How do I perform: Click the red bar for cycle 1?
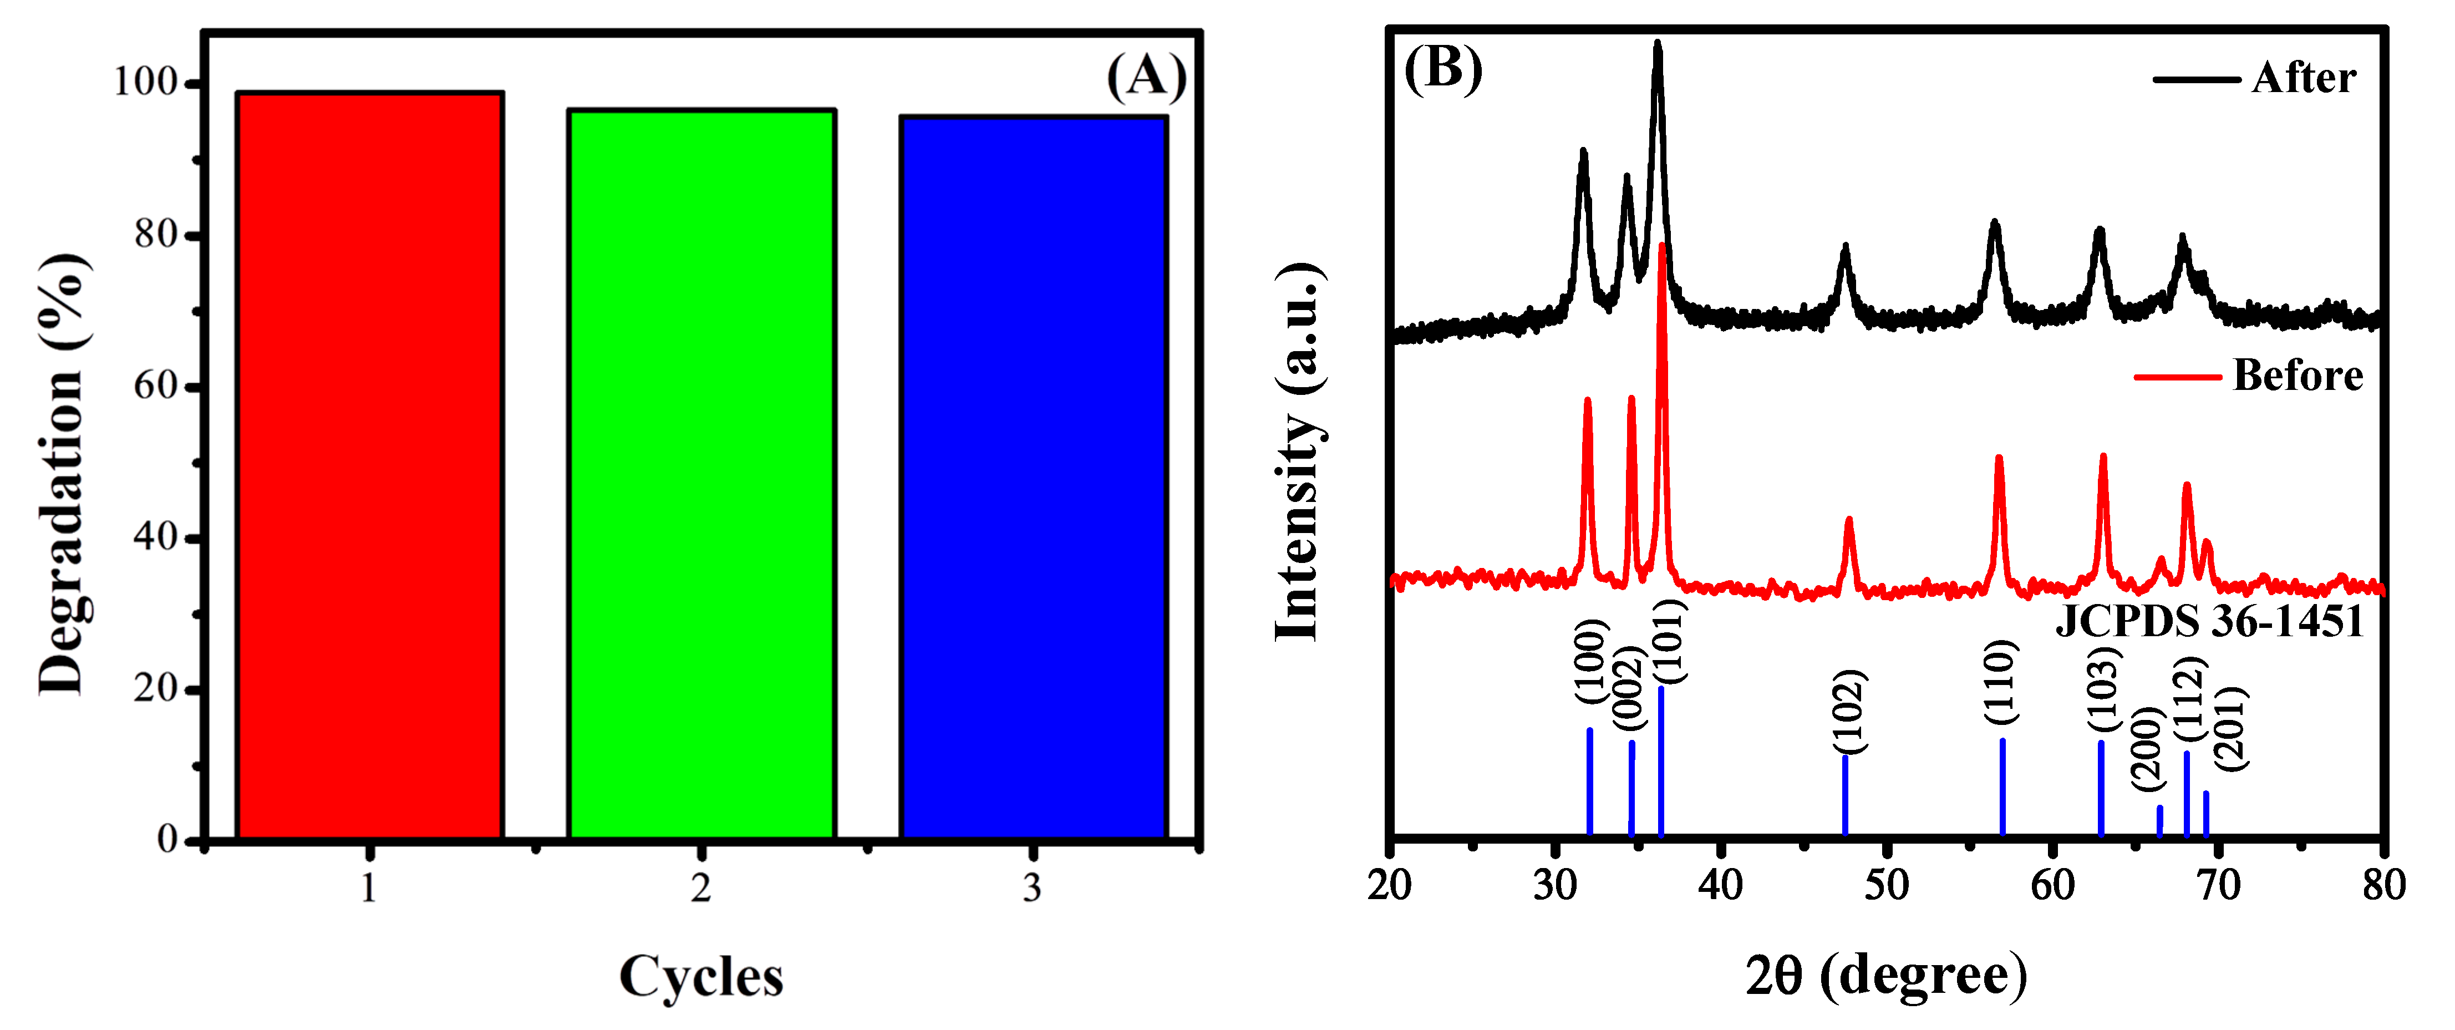370,467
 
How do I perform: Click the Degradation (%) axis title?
63,474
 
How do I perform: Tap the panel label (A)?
1146,76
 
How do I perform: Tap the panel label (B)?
1443,69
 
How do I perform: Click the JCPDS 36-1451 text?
2209,621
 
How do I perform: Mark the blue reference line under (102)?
1845,795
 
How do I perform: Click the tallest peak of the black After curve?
1658,45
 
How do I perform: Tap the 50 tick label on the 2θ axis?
1886,885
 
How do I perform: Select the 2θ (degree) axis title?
1886,976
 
